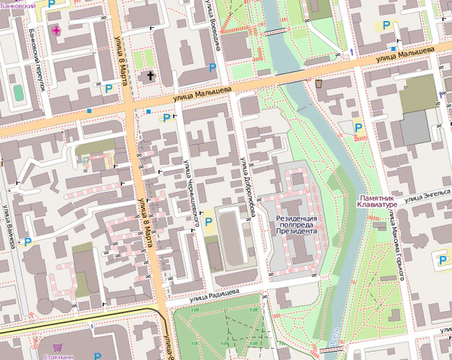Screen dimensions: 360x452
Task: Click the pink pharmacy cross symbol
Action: point(57,29)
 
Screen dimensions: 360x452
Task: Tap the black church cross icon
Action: point(151,75)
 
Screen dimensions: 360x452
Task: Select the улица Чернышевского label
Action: point(191,192)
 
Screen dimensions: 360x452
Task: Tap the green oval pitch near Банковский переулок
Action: point(18,92)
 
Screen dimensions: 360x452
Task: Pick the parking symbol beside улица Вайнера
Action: point(29,242)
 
